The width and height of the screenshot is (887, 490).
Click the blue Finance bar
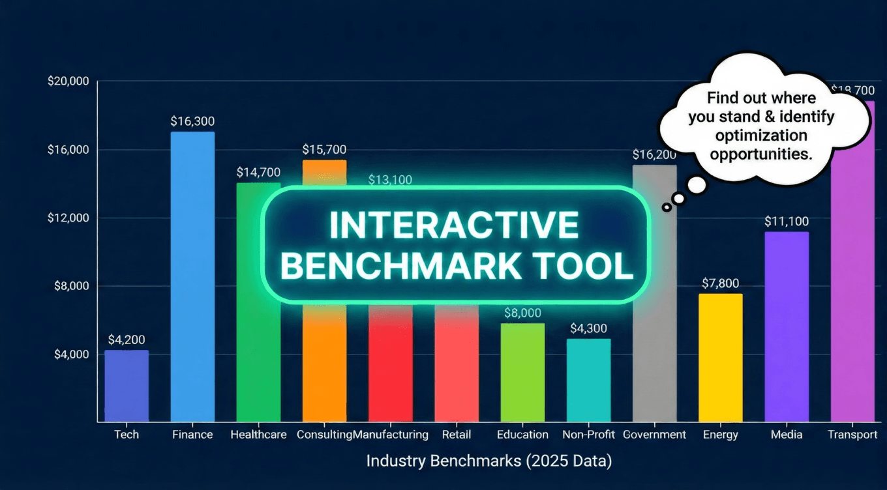pyautogui.click(x=192, y=277)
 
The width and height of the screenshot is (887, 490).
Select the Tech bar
pyautogui.click(x=127, y=386)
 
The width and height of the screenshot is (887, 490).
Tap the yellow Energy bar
pyautogui.click(x=720, y=358)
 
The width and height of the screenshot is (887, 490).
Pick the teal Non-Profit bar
pyautogui.click(x=588, y=380)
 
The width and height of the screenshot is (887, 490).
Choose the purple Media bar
pyautogui.click(x=786, y=326)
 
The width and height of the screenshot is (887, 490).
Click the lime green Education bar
pyautogui.click(x=522, y=372)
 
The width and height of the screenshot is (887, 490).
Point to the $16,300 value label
pyautogui.click(x=192, y=121)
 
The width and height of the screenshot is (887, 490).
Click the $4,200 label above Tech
pyautogui.click(x=127, y=339)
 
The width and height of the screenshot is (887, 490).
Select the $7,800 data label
pyautogui.click(x=720, y=283)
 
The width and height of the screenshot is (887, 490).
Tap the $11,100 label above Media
pyautogui.click(x=787, y=222)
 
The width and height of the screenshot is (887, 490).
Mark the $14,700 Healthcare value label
pyautogui.click(x=258, y=173)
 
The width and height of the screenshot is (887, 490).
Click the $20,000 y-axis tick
pyautogui.click(x=68, y=82)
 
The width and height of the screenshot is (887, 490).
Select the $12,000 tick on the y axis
pyautogui.click(x=68, y=218)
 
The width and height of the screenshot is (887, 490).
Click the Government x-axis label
pyautogui.click(x=654, y=435)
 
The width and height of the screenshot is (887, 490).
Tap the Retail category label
pyautogui.click(x=456, y=435)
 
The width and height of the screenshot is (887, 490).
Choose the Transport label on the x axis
pyautogui.click(x=852, y=435)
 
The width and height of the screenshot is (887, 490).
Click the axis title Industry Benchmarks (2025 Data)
pyautogui.click(x=489, y=461)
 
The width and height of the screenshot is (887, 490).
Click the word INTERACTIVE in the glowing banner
pyautogui.click(x=455, y=225)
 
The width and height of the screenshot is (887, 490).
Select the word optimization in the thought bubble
pyautogui.click(x=761, y=136)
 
